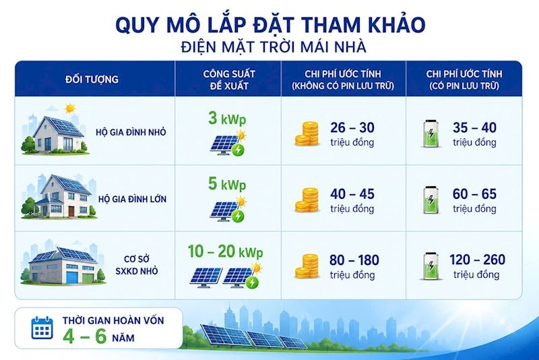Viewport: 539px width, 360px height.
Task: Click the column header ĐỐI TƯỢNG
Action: tap(92, 79)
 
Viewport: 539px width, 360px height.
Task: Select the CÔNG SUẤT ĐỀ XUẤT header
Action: tap(229, 80)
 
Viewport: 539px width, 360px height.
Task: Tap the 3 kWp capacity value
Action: tap(227, 118)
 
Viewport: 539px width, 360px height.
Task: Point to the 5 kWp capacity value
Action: tap(227, 184)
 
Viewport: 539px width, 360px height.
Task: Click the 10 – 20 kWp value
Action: tap(226, 251)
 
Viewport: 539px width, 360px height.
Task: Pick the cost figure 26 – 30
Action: tap(352, 127)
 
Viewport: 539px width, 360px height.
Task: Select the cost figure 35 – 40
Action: tap(475, 127)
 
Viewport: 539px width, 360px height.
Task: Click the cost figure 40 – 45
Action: tap(352, 194)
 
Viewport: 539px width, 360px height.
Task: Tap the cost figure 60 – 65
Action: tap(475, 194)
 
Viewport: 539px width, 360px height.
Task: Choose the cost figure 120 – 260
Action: tap(477, 260)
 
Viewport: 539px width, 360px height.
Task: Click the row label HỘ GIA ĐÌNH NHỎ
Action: tap(131, 132)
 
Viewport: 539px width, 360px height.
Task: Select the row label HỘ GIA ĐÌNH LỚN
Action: tap(132, 199)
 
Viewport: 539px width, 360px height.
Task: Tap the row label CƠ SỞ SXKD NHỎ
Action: tap(137, 265)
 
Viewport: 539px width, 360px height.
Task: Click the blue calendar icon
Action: tap(42, 328)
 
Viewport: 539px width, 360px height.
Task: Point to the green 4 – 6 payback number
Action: tap(85, 336)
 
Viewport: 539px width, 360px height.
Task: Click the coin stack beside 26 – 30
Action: tap(307, 133)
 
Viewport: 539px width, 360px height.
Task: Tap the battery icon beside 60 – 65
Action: tap(431, 200)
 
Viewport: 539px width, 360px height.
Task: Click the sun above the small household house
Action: tap(70, 109)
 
